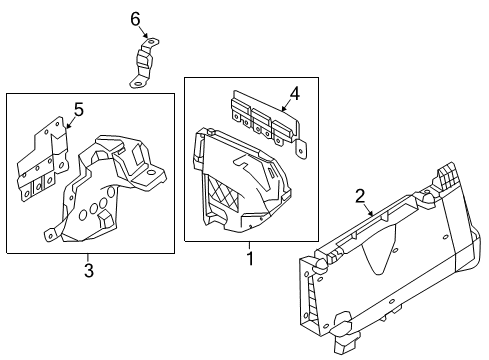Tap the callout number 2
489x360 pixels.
(x=361, y=197)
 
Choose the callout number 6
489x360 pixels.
(x=136, y=19)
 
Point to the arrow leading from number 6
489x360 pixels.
(x=140, y=35)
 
